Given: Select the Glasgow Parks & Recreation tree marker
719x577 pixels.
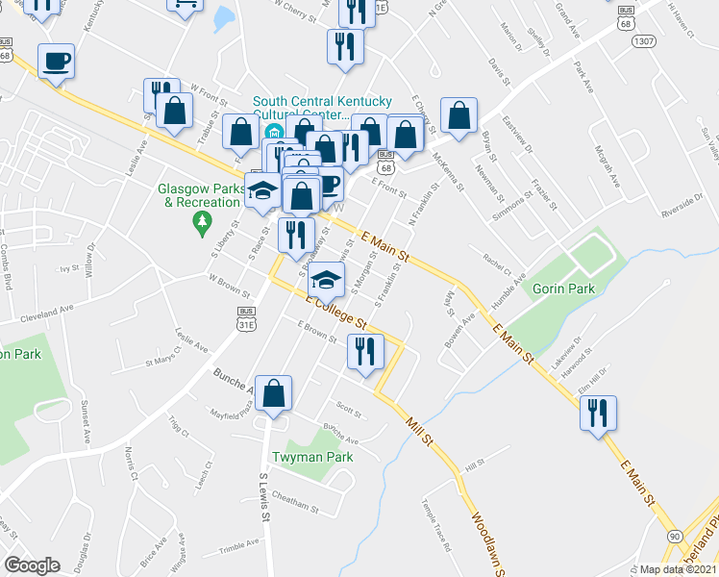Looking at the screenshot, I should click(202, 224).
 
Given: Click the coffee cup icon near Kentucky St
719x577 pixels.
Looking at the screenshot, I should click(56, 62).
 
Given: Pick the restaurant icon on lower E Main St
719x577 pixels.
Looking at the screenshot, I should click(599, 414).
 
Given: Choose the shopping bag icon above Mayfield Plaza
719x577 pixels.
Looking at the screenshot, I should click(274, 392).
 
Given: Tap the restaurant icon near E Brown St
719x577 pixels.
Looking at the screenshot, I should click(364, 351).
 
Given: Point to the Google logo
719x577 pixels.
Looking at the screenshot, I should click(32, 565).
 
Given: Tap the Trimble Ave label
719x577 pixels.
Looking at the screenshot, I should click(239, 544).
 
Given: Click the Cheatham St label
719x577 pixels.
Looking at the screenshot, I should click(294, 503).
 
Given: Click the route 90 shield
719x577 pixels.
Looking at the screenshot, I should click(673, 536).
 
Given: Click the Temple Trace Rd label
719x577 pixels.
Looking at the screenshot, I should click(435, 524).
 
